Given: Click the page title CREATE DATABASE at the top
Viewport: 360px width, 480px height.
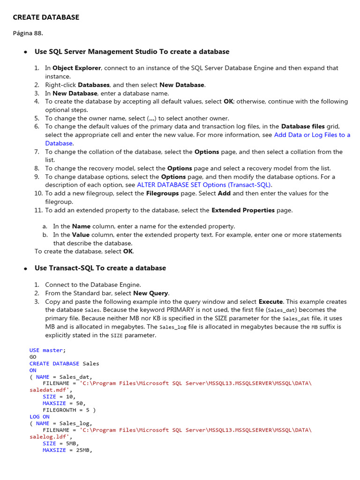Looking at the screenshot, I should click(46, 17).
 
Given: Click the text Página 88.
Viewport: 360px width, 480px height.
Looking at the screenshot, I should click(28, 33).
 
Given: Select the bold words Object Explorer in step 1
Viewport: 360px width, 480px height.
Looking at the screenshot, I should click(76, 68).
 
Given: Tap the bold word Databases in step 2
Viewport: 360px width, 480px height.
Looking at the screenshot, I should click(94, 85).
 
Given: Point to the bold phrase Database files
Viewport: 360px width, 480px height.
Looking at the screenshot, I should click(302, 127).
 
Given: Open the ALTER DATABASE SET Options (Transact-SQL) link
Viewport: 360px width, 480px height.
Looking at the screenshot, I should click(204, 185).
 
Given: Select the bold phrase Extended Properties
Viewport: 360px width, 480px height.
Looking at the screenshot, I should click(243, 210).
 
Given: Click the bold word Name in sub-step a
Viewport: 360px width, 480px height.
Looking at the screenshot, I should click(81, 226).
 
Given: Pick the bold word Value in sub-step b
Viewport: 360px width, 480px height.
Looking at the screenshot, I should click(81, 235).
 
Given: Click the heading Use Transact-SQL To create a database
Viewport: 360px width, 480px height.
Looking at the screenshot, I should click(100, 268).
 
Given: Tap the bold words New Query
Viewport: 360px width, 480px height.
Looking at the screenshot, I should click(151, 293).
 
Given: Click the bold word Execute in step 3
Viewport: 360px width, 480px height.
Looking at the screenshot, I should click(270, 302).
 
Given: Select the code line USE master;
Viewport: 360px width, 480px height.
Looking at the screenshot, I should click(48, 350).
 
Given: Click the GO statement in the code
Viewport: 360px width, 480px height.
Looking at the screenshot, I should click(33, 357).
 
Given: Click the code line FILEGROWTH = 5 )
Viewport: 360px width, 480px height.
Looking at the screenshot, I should click(69, 410).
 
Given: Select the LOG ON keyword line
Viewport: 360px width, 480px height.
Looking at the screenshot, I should click(39, 417).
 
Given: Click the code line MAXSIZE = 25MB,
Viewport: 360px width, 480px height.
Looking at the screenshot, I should click(67, 450).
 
